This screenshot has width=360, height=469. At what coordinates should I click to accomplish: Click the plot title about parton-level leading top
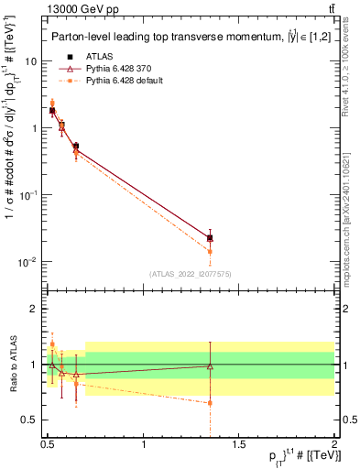(x=183, y=38)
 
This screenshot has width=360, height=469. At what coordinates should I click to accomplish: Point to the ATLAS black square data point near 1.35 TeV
(x=211, y=237)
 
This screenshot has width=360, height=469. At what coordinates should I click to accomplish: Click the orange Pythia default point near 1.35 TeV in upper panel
(x=211, y=251)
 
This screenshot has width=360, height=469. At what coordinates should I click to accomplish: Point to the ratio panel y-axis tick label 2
(x=34, y=309)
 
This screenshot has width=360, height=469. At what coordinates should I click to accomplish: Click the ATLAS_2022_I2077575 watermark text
(x=191, y=274)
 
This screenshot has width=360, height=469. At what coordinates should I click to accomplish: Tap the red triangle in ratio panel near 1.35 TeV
(x=211, y=366)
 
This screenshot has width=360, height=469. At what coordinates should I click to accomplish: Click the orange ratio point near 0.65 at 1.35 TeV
(x=211, y=402)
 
